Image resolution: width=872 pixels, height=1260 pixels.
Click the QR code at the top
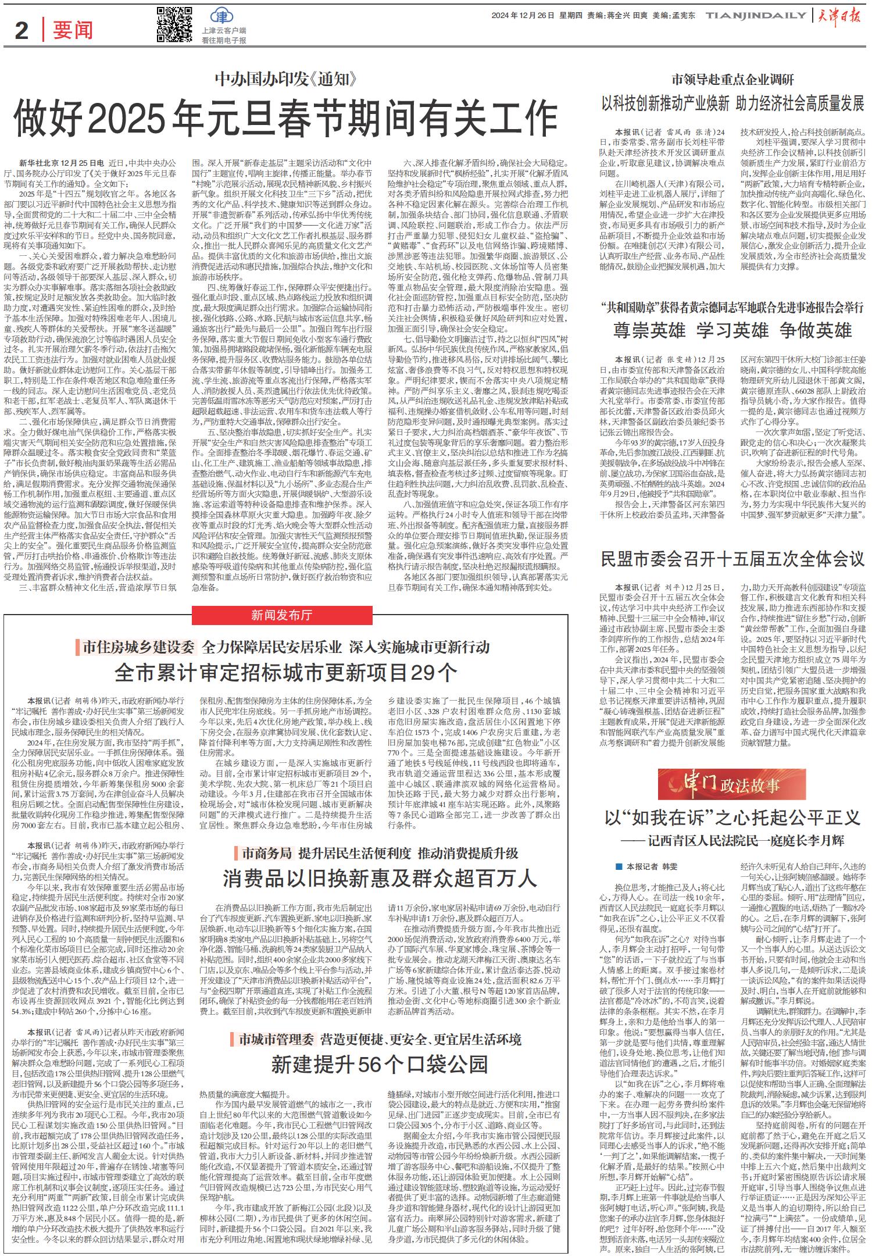click(174, 24)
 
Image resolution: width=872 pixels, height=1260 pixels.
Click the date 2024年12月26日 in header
click(522, 16)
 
